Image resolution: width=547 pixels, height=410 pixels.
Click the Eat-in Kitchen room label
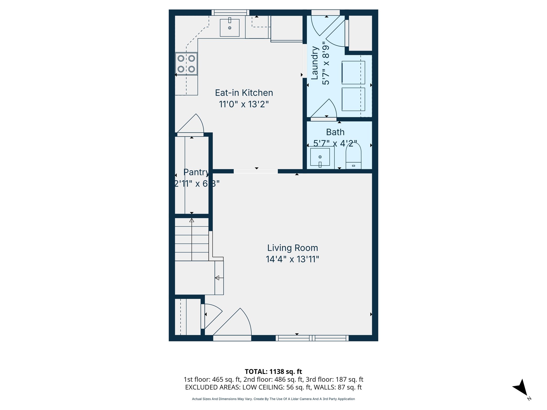click(x=244, y=93)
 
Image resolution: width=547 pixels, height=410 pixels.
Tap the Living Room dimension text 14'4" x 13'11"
click(x=292, y=259)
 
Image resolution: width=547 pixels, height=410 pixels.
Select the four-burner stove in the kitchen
click(x=186, y=64)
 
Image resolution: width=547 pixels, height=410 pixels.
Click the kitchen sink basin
click(x=229, y=27)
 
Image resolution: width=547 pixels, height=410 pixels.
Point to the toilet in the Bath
click(x=353, y=156)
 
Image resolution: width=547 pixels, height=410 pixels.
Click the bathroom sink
click(x=320, y=157)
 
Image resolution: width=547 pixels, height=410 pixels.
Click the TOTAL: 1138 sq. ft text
click(x=273, y=372)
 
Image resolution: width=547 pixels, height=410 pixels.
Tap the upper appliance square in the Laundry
click(x=353, y=73)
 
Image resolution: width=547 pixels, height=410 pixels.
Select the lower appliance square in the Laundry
click(x=353, y=99)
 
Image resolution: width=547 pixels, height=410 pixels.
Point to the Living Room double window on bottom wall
click(x=312, y=338)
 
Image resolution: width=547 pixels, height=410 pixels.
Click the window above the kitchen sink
click(x=230, y=12)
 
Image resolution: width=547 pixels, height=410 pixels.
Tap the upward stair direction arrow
click(x=192, y=220)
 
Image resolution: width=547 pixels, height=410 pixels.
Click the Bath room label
click(x=335, y=132)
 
